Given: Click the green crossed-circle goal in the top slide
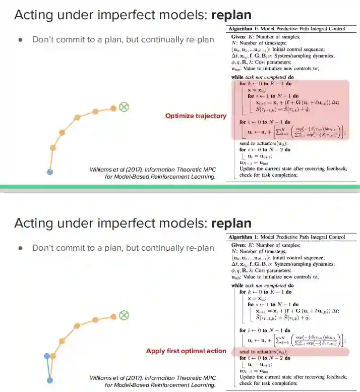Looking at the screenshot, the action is click(124, 106).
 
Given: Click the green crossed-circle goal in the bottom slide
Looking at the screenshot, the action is click(124, 315).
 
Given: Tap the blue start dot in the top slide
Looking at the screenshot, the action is click(49, 172).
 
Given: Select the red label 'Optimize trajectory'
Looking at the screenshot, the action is click(196, 116).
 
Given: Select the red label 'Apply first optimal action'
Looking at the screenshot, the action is click(186, 351).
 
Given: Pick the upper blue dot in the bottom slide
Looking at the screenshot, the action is click(47, 356).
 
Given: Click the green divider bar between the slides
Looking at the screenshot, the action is click(180, 187).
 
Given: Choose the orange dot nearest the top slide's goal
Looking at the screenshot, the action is click(113, 107).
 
